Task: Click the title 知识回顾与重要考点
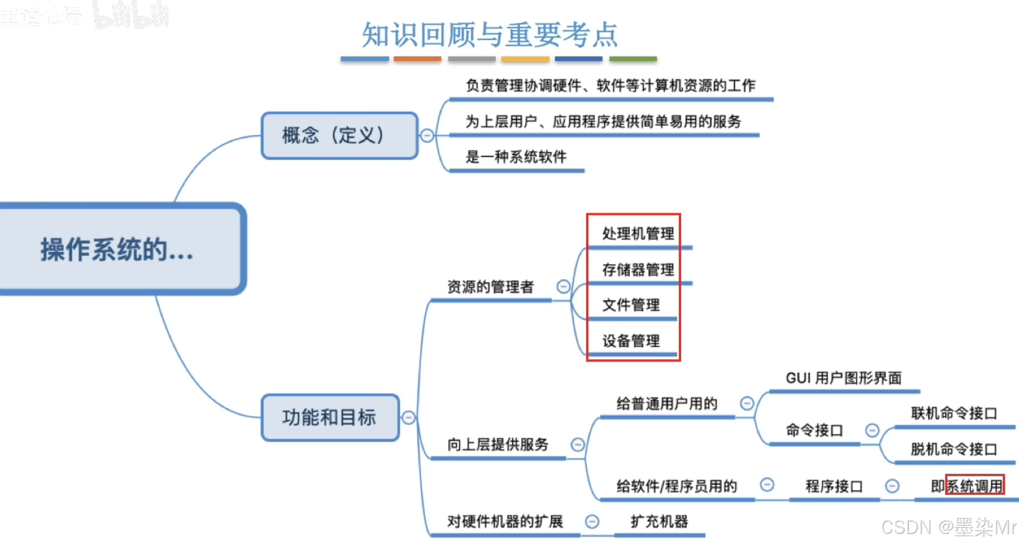click(489, 34)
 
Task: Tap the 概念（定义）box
click(339, 135)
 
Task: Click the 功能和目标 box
click(330, 418)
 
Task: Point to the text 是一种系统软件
click(516, 157)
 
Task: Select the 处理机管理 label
click(638, 234)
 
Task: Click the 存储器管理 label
click(638, 270)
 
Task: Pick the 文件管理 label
click(631, 305)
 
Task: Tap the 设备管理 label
click(631, 341)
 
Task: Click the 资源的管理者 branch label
click(490, 287)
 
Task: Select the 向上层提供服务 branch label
click(498, 444)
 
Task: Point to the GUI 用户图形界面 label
click(843, 378)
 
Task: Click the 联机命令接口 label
click(954, 413)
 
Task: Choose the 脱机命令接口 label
click(954, 449)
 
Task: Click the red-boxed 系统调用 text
click(975, 486)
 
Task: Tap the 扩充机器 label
click(659, 521)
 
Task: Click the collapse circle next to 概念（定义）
click(427, 135)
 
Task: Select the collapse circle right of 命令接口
click(872, 430)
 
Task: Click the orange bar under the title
click(417, 59)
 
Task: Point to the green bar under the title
click(633, 59)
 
